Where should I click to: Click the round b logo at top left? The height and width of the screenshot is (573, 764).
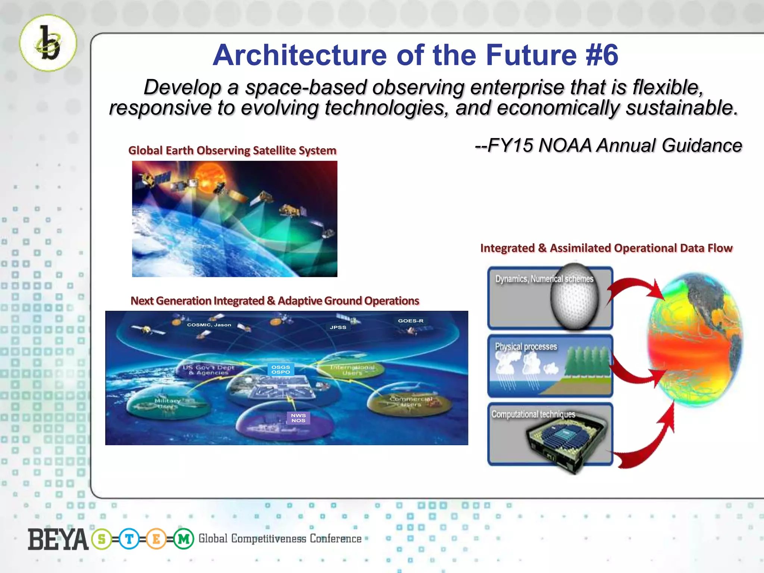coord(48,43)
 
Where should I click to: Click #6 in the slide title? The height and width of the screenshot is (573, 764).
coord(602,55)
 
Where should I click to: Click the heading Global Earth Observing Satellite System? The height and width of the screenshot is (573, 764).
coord(232,150)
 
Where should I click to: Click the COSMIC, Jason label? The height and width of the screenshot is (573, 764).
coord(209,325)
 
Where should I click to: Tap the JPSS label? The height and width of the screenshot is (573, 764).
coord(338,327)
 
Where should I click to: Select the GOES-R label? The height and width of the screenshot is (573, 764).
coord(410,321)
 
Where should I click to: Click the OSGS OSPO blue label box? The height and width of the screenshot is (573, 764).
coord(281,369)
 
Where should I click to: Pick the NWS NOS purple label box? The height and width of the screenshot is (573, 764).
coord(298,418)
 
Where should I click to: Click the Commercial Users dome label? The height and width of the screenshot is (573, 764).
coord(411,401)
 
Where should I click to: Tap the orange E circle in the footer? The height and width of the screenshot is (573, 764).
coord(156,539)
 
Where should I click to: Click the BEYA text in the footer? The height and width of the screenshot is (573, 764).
coord(58,539)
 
